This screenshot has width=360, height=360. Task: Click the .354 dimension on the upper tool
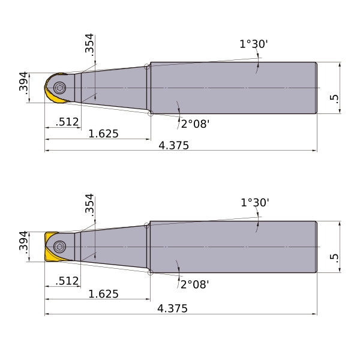89,45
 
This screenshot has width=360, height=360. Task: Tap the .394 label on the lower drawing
23,242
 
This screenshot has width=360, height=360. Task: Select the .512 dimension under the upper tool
67,122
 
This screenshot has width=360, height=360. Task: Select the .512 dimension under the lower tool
67,281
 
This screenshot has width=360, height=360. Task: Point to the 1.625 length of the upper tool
104,134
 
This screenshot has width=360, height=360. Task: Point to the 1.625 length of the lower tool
104,294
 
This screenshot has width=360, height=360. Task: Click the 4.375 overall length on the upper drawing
174,146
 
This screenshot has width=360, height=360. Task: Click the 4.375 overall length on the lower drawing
172,308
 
